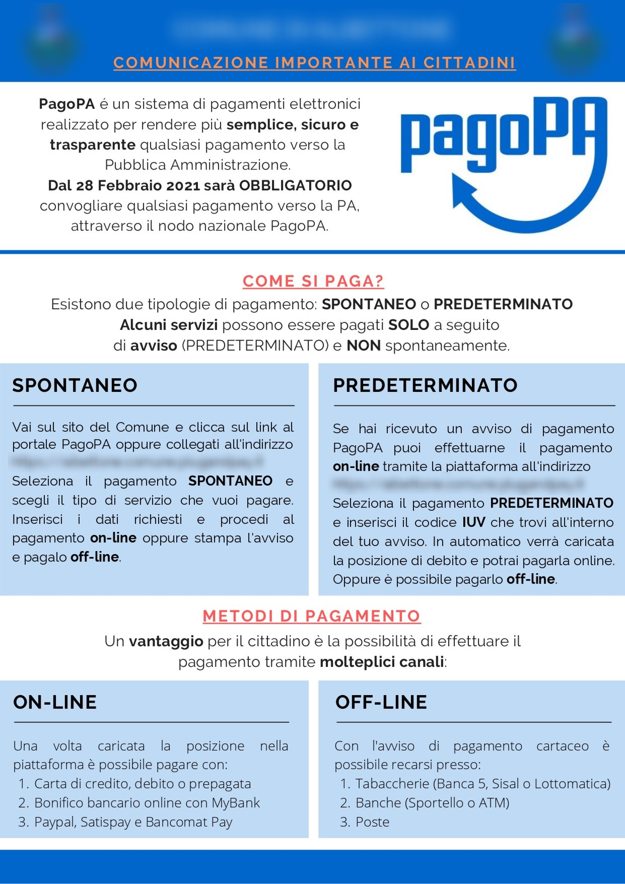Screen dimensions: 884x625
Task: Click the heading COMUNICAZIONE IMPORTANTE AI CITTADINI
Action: click(314, 63)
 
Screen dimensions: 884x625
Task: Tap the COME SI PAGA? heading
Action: click(313, 282)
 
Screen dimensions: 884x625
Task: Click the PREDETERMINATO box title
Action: click(425, 385)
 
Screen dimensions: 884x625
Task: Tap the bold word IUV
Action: click(473, 523)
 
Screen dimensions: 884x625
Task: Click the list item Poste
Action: click(372, 822)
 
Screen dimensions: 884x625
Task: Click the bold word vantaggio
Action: click(166, 641)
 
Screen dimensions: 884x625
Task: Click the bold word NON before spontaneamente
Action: click(363, 346)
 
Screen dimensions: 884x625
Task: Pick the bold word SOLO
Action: click(408, 325)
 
